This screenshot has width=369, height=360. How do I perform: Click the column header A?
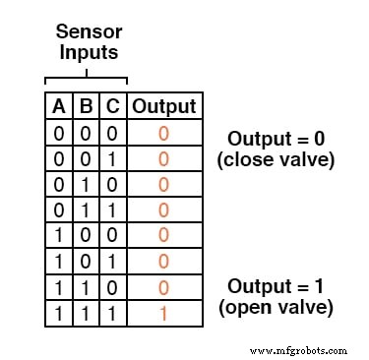(59, 106)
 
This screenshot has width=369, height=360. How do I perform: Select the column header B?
(87, 106)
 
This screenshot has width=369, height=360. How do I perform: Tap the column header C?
(113, 106)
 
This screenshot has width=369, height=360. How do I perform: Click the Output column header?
(164, 106)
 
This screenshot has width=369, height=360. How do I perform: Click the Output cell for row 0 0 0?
(164, 132)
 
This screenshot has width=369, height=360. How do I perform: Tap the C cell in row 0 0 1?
(113, 157)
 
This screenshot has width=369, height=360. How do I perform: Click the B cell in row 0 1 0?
(87, 183)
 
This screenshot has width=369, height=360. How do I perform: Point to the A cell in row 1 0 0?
(59, 234)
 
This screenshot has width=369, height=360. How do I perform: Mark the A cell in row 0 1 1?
(59, 209)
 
